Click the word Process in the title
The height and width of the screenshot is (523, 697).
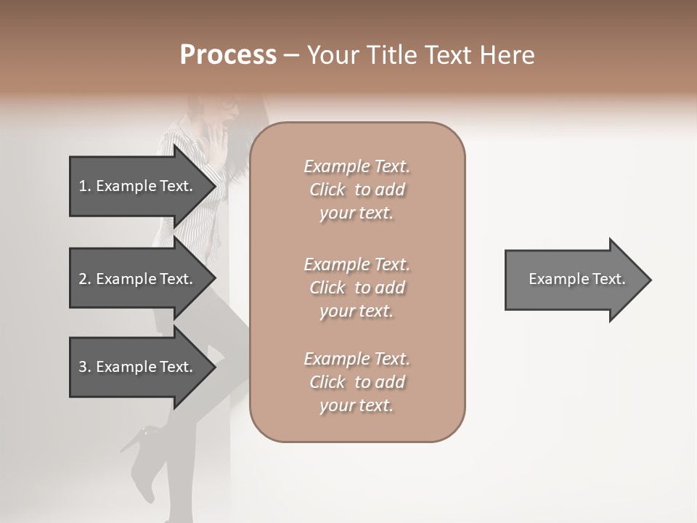[228, 55]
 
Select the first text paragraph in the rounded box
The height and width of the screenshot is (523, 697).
[356, 190]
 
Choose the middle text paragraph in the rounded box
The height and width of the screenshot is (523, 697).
[356, 288]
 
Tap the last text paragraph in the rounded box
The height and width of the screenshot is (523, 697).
[356, 382]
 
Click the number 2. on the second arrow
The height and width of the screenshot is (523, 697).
[85, 279]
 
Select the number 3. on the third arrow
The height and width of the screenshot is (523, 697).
[85, 367]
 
